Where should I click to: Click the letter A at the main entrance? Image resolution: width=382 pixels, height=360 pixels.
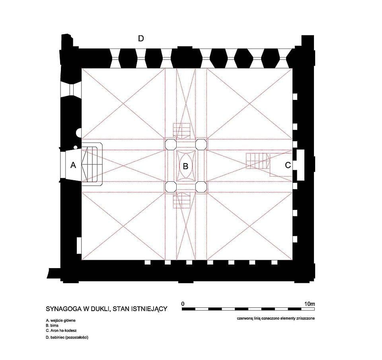click(x=73, y=165)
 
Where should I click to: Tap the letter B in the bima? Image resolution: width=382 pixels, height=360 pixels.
click(x=185, y=166)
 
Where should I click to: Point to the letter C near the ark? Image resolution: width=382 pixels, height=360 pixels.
click(x=288, y=165)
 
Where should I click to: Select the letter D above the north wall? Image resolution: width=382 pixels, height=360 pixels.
click(x=141, y=39)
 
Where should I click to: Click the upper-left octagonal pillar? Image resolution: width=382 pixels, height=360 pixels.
click(x=171, y=144)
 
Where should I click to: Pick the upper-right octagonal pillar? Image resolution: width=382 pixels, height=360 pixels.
click(x=201, y=144)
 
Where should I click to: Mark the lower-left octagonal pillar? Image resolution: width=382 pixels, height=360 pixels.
click(x=171, y=187)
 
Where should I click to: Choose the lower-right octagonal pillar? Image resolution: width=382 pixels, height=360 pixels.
click(x=201, y=187)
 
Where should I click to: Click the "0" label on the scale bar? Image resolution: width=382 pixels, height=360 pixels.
click(x=183, y=304)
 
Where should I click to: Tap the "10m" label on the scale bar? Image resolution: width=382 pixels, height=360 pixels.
click(x=310, y=304)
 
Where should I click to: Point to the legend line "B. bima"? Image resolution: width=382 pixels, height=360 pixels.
click(x=52, y=325)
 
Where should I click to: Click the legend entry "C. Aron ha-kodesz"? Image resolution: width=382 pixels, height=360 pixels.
click(x=61, y=331)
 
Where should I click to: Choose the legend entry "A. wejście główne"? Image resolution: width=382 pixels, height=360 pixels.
click(x=60, y=321)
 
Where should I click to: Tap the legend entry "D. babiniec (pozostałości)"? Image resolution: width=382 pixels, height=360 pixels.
click(x=67, y=337)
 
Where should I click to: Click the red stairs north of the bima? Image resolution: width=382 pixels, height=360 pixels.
click(x=181, y=131)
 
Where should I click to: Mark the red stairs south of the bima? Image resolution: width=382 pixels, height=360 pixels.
click(x=181, y=200)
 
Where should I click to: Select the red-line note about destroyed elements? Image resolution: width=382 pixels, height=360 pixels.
click(x=275, y=318)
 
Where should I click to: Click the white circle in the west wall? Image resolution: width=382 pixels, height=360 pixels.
click(x=78, y=133)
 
